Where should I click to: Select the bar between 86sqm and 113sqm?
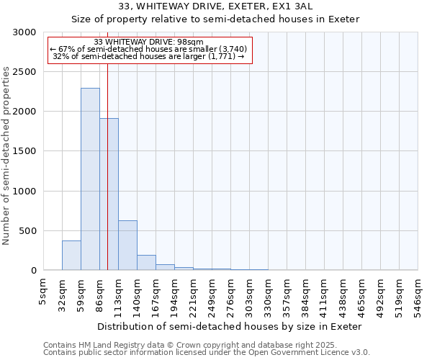tap(109, 194)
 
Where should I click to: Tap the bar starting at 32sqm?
tap(71, 256)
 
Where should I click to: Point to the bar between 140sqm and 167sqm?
tap(146, 263)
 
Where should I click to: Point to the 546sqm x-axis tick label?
tap(418, 295)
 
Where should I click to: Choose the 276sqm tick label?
tap(231, 295)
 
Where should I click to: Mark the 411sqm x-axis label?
tap(325, 295)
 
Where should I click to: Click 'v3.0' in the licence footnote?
tap(359, 353)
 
